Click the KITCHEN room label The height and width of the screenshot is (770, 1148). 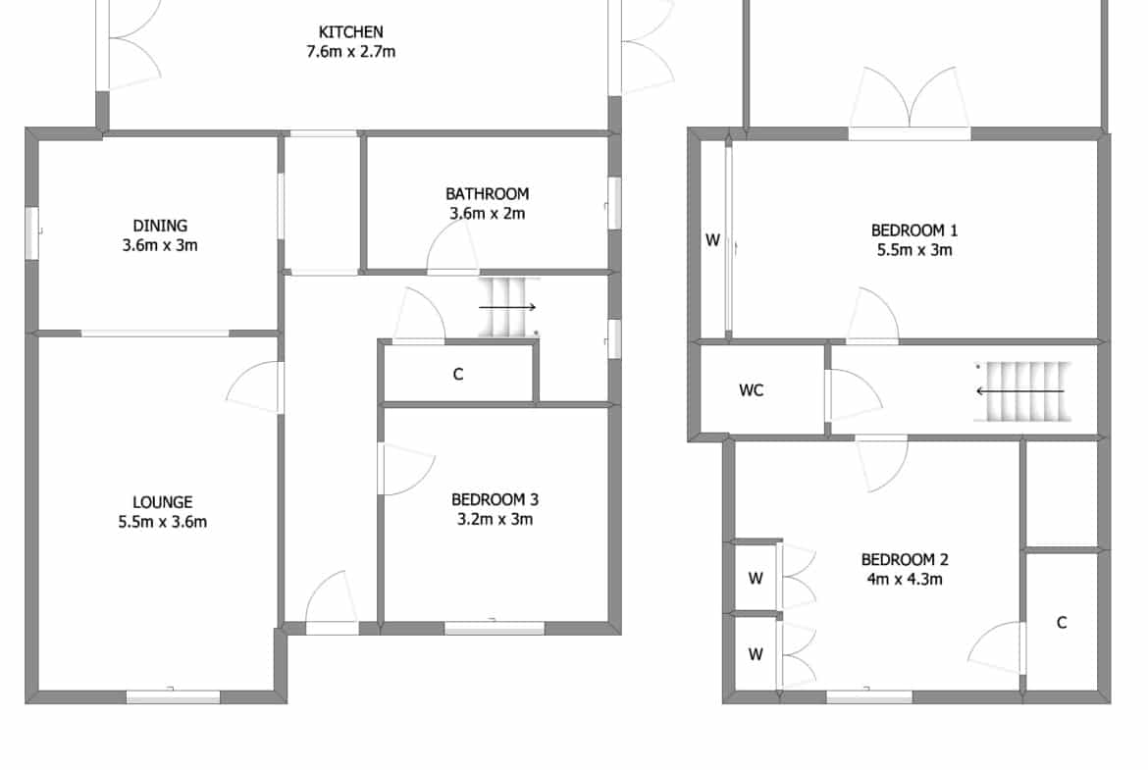350,32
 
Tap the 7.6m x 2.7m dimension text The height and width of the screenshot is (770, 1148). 350,52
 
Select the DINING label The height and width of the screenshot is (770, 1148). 160,226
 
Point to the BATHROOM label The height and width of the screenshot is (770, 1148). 487,194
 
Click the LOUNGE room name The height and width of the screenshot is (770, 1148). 163,502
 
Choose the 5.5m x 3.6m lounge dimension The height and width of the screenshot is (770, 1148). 163,522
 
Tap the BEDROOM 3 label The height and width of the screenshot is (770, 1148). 495,500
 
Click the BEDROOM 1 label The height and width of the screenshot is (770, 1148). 914,231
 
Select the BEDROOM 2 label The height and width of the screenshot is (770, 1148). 905,560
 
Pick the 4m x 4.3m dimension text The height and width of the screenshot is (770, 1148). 905,580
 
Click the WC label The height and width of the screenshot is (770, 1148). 752,390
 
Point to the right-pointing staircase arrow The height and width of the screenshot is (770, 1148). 507,307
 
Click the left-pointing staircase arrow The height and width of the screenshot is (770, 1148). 1019,391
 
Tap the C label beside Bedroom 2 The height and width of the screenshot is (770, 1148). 1062,622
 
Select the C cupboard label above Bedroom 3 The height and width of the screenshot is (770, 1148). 458,375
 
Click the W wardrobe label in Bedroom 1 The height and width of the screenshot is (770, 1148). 712,240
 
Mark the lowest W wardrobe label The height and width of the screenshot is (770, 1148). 756,654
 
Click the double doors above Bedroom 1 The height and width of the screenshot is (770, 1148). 910,98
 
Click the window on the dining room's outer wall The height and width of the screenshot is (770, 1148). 31,233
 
